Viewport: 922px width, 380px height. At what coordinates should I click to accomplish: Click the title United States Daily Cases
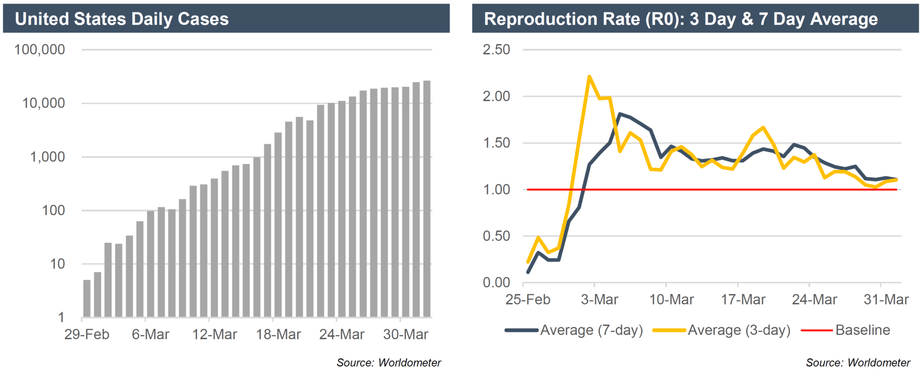point(122,19)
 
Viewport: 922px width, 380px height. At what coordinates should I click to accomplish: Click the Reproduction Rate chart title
point(680,19)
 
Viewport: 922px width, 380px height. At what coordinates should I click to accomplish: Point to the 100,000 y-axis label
point(40,50)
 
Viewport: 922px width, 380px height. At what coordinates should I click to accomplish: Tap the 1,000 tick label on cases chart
point(47,157)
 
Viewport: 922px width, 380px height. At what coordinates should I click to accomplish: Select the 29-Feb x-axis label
point(86,335)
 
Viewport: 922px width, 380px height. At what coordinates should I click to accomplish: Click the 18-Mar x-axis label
point(278,335)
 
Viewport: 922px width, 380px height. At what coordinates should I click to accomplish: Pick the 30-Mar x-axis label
point(405,335)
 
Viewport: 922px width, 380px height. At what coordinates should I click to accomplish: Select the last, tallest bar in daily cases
point(427,198)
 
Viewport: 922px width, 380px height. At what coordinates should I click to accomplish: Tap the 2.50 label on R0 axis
point(496,50)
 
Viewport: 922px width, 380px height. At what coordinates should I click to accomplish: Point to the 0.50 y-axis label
point(496,236)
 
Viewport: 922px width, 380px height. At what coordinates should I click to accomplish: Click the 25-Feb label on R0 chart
point(528,299)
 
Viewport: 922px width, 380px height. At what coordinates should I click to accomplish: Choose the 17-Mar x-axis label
point(743,299)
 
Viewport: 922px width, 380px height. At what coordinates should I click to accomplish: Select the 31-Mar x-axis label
point(886,299)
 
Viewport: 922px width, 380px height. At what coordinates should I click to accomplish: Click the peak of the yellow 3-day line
point(589,77)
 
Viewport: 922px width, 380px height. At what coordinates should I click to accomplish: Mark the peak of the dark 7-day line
point(620,114)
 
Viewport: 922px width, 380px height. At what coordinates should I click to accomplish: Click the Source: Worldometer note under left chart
point(389,362)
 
